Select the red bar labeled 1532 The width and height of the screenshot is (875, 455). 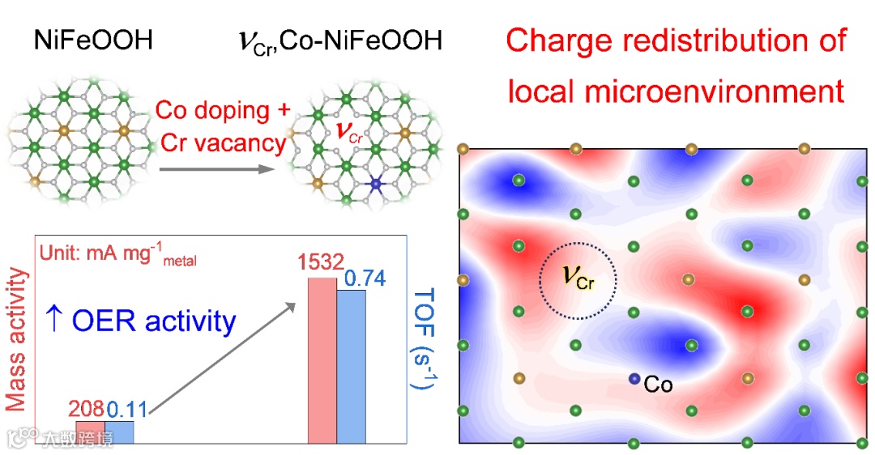[x=322, y=360]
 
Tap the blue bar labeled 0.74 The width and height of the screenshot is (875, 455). [x=351, y=366]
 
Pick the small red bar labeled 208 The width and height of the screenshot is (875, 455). [x=89, y=432]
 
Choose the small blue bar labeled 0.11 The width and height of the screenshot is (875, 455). [x=120, y=432]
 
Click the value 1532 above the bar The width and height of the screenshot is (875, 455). [x=320, y=264]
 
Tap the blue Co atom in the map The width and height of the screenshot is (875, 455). [x=634, y=379]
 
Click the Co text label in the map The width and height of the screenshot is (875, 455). [x=658, y=385]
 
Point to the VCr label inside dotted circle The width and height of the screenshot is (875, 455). [x=579, y=280]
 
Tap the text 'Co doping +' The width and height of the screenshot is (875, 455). [x=224, y=109]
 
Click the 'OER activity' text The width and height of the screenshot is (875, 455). [x=154, y=321]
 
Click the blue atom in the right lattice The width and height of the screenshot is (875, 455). [x=374, y=186]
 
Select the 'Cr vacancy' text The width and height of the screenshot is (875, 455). [x=224, y=143]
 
